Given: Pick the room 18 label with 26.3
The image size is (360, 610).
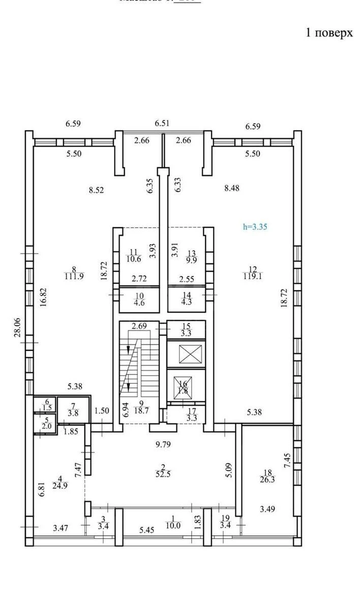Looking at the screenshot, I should click(264, 474).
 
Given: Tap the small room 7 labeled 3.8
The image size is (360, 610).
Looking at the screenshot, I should click(73, 409).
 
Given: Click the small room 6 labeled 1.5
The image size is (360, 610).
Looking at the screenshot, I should click(47, 405).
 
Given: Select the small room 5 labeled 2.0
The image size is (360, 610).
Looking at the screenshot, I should click(47, 424).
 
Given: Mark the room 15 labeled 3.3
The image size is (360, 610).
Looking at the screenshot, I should click(186, 330).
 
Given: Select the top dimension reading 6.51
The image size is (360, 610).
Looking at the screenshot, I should click(163, 123).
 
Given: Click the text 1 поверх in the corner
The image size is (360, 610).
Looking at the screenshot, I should click(328, 33).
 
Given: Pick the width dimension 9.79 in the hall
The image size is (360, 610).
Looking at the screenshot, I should click(163, 445).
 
